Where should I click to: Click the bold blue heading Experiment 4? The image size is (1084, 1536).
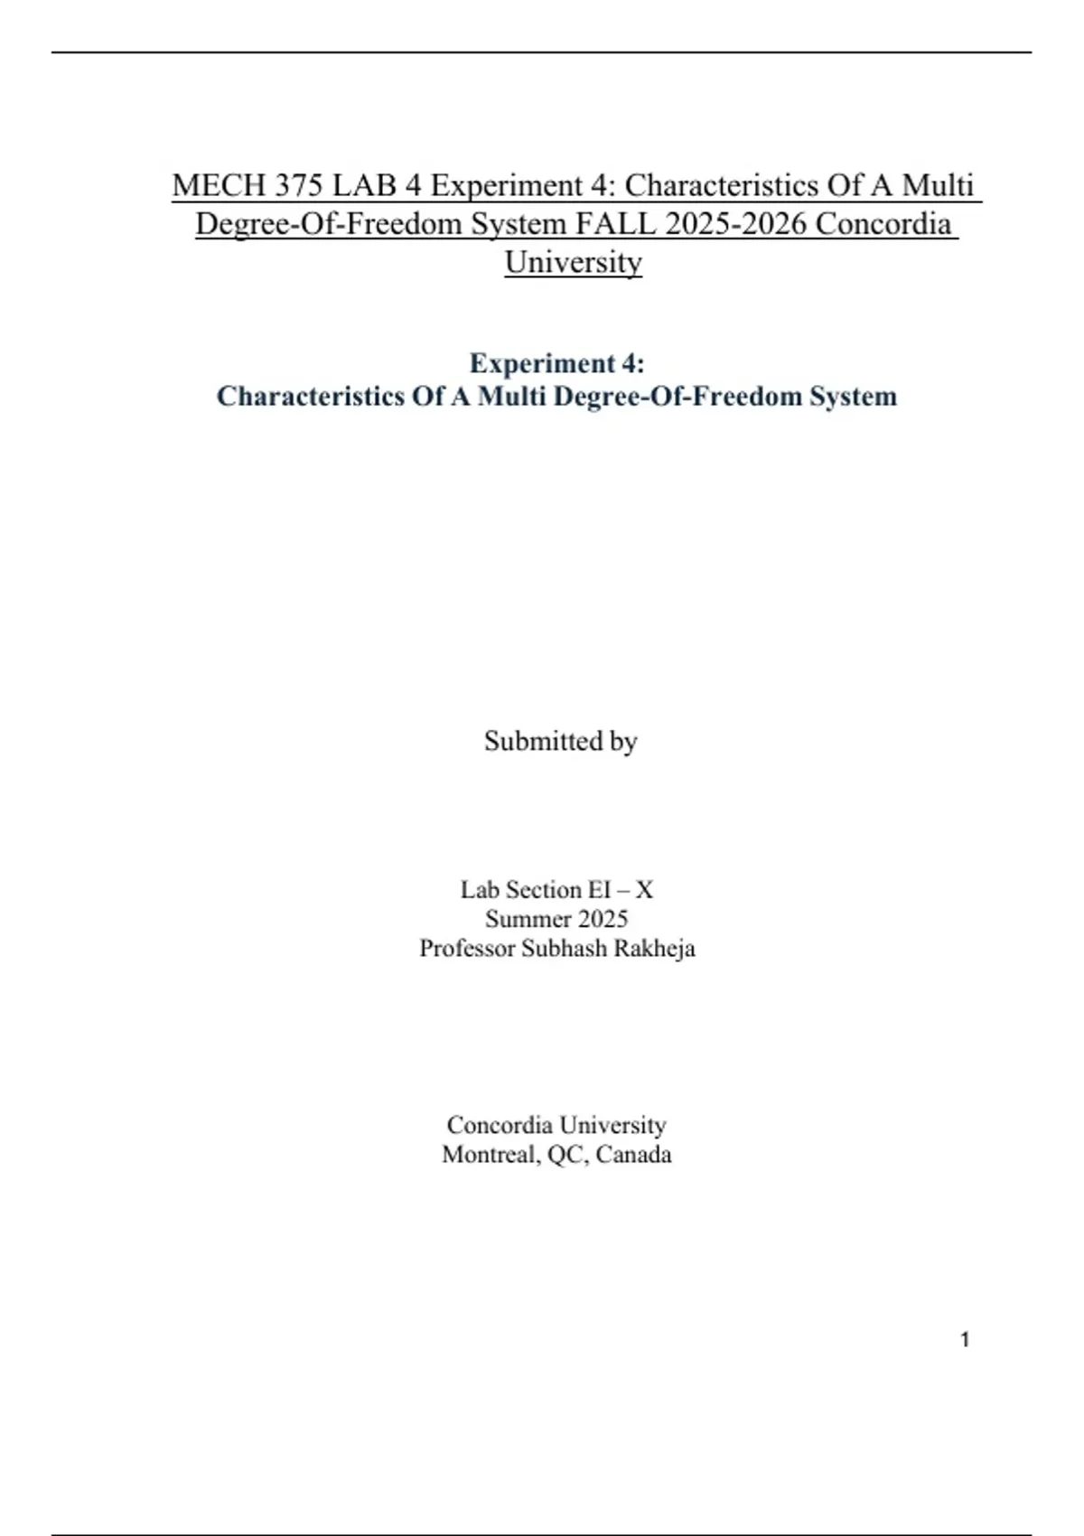click(556, 363)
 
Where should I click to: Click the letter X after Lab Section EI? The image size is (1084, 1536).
click(644, 890)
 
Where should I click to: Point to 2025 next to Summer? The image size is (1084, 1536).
click(603, 919)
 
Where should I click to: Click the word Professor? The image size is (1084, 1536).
click(467, 949)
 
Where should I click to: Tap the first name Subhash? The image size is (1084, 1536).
click(564, 949)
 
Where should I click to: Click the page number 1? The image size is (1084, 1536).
click(965, 1340)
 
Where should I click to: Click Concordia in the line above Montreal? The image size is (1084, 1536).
click(500, 1125)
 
